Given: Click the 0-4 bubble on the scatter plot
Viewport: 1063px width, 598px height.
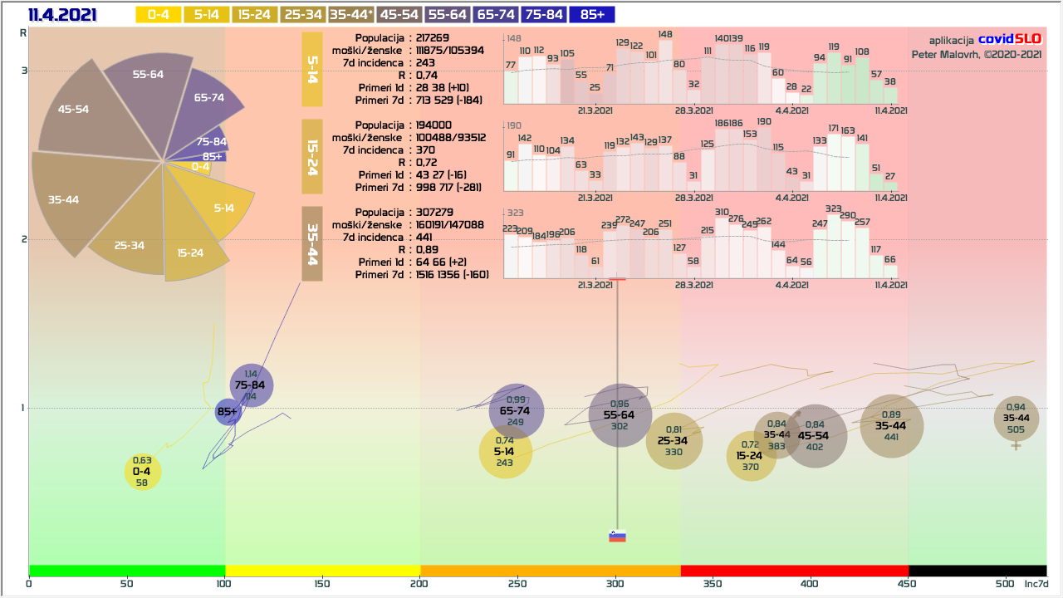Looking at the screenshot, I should pos(142,472).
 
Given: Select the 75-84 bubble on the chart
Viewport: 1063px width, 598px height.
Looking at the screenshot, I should pos(251,385).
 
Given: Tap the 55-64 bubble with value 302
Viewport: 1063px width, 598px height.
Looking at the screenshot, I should pos(620,415).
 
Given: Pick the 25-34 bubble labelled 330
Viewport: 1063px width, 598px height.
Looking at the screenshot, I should pos(674,441).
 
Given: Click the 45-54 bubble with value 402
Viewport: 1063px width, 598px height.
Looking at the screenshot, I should pos(814,436).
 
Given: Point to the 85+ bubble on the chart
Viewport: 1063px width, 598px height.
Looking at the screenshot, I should pos(228,411).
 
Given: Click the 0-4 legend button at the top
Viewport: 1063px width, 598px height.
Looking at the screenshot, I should pos(158,15).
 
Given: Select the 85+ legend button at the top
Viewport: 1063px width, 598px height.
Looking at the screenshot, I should pos(592,15).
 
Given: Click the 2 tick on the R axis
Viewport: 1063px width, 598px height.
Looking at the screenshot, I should pos(24,239).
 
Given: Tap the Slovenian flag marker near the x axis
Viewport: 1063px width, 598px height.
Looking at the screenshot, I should pos(617,536).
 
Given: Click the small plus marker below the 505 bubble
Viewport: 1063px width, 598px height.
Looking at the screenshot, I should pos(1016,446).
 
